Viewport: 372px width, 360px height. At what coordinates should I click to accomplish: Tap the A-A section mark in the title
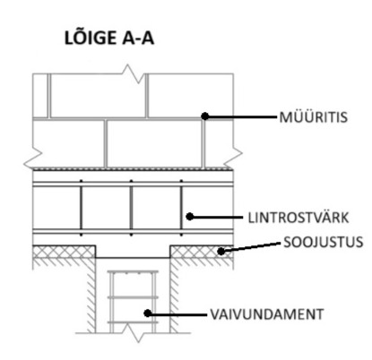[138, 39]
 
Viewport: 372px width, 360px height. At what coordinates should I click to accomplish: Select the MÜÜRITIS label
[314, 116]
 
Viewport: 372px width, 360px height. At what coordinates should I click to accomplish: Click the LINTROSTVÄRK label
[298, 218]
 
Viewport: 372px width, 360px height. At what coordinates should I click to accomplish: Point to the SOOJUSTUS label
[324, 242]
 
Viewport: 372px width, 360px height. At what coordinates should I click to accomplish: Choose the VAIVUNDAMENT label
[267, 314]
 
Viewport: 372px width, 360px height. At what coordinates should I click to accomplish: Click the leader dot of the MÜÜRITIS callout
[205, 116]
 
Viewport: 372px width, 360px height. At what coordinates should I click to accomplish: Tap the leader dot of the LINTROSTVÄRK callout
[190, 217]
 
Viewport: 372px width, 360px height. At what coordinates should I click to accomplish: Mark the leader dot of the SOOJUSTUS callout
[221, 252]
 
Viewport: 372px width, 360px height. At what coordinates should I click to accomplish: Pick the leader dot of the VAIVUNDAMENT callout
[147, 313]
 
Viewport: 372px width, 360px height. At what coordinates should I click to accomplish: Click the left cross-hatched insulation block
[64, 252]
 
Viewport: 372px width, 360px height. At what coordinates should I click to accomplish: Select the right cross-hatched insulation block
[202, 252]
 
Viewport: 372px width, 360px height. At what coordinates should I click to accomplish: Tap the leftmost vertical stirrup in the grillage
[81, 208]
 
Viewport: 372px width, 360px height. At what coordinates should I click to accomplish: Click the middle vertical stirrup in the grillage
[131, 208]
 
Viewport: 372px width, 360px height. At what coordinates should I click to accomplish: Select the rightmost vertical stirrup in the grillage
[181, 208]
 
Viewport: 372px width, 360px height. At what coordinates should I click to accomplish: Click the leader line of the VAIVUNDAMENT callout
[177, 314]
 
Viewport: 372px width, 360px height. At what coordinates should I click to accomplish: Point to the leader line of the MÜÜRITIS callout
[241, 116]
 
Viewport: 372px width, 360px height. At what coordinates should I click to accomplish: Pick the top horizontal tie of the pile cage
[133, 272]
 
